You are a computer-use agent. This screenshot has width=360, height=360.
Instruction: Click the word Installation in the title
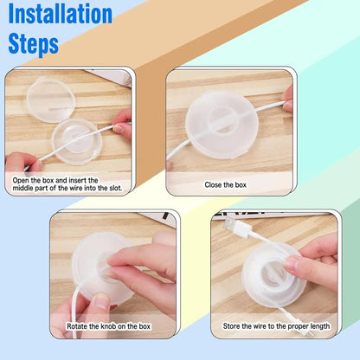coord(60,15)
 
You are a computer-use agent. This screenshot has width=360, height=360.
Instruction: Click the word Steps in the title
coord(33,43)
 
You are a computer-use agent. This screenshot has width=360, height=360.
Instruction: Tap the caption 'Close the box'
coord(225,184)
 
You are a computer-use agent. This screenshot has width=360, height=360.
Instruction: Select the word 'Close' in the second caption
coord(214,184)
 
